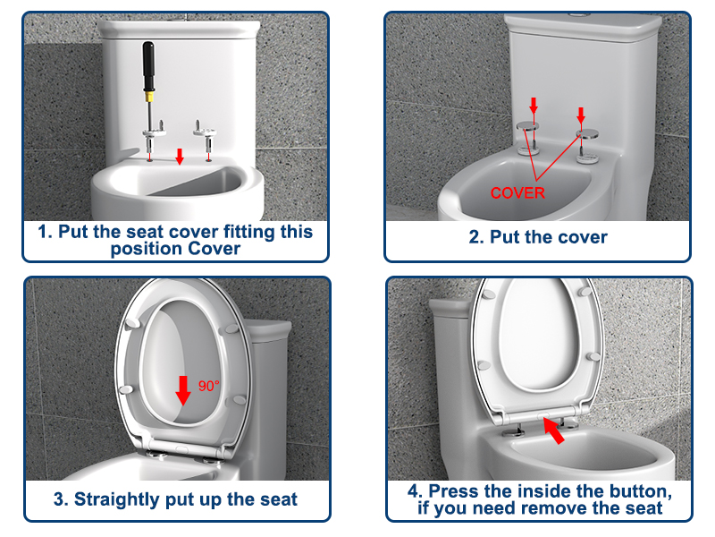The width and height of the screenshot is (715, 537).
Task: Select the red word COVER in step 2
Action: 517,192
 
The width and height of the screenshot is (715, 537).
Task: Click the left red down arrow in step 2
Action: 534,106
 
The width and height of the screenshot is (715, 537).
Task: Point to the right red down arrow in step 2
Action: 582,115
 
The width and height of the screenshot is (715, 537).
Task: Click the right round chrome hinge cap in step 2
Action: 588,134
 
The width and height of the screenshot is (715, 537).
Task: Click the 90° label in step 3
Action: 209,387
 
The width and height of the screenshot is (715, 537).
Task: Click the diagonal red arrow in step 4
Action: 555,434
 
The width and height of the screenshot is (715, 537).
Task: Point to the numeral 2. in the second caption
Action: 477,237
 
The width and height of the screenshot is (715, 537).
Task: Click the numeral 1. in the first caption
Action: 45,232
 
